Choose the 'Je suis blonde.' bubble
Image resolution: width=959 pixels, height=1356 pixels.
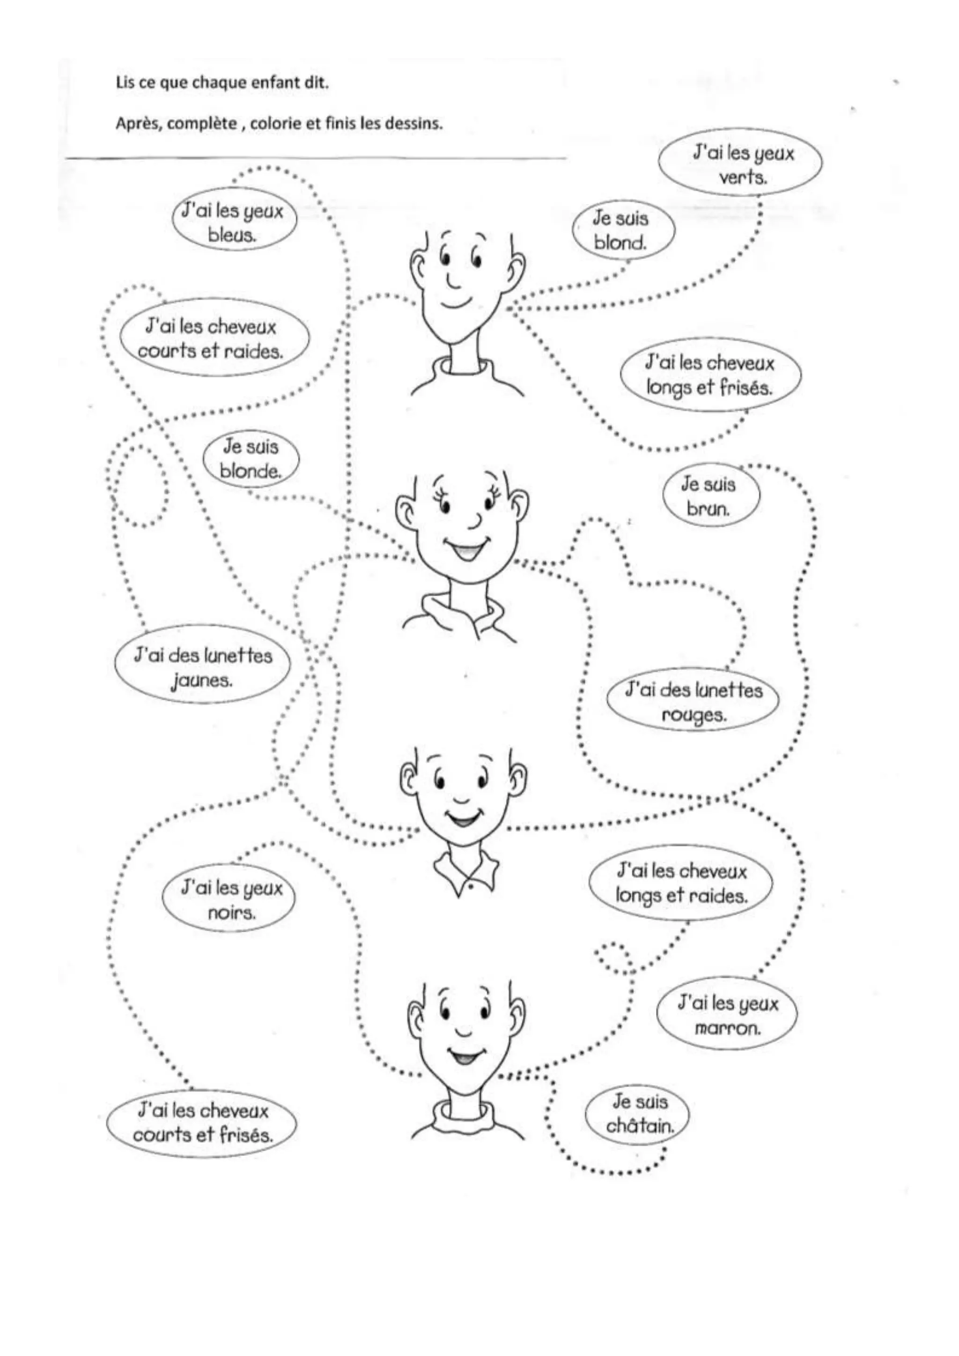point(251,459)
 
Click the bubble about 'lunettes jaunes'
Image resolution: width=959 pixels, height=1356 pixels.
point(203,668)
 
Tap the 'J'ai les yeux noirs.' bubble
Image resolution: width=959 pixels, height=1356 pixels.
point(229,901)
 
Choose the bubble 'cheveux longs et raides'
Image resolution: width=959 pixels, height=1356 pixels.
point(681,884)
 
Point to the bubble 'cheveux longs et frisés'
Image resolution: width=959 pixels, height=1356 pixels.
point(710,376)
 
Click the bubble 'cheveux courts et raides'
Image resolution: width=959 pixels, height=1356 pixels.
point(211,339)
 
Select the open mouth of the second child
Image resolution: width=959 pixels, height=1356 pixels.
point(464,552)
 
